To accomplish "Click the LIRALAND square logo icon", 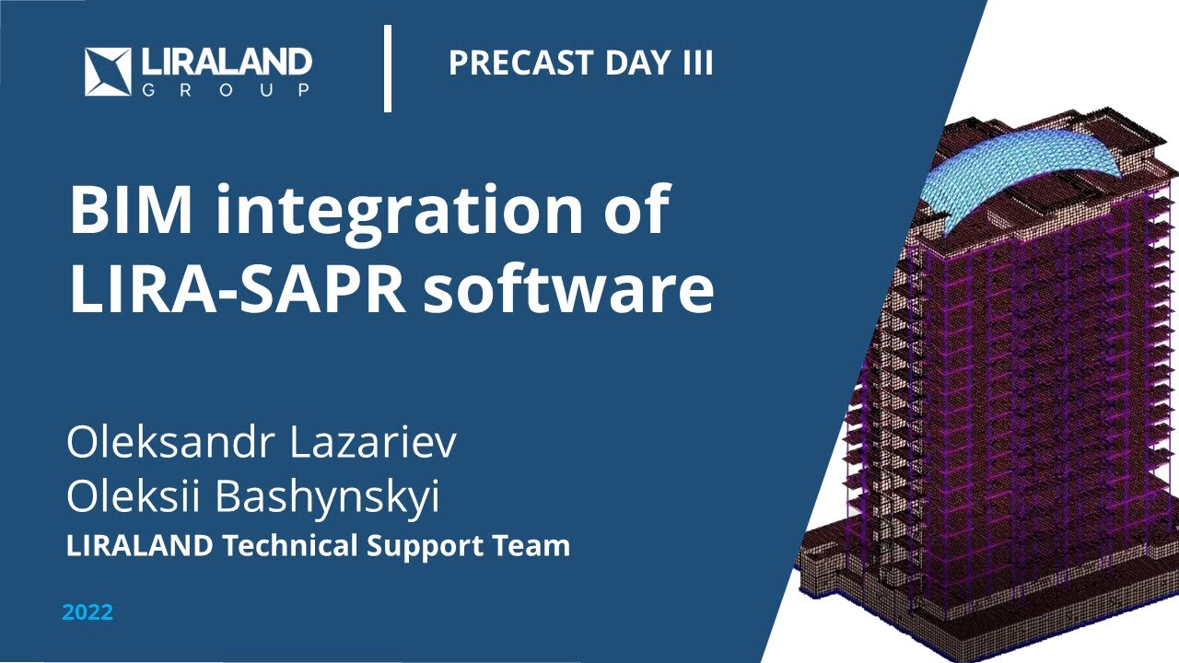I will (110, 72).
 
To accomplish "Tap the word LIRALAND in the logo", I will (227, 63).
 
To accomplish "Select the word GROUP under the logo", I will (226, 90).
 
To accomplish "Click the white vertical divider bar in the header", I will (388, 69).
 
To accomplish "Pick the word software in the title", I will (568, 290).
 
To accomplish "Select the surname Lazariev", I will (372, 444).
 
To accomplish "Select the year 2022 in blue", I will (88, 612).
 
